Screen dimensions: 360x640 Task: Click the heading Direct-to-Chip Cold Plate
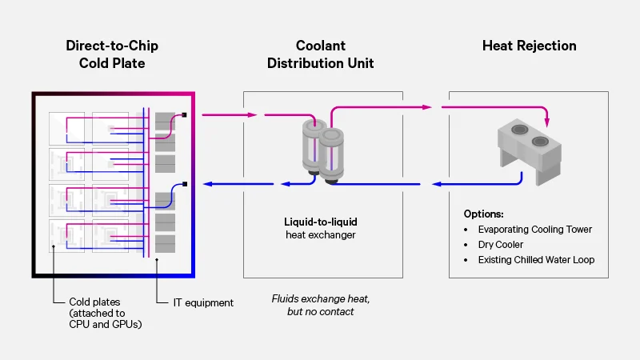[111, 54]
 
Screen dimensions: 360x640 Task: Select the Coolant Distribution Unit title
[320, 54]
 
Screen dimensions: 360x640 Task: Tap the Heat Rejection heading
[528, 46]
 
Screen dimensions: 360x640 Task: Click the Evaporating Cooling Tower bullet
[535, 230]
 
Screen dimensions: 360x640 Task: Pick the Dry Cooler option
[501, 245]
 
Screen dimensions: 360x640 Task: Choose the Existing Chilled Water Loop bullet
[536, 260]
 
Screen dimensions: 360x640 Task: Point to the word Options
[484, 214]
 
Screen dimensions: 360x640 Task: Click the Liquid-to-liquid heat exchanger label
[320, 228]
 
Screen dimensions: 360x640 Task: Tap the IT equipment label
[203, 302]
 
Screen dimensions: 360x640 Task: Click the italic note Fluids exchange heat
[320, 304]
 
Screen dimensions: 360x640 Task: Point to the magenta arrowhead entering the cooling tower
[548, 122]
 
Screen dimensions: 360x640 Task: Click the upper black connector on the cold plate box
[185, 114]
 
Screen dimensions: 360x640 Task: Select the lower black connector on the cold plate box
[185, 184]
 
